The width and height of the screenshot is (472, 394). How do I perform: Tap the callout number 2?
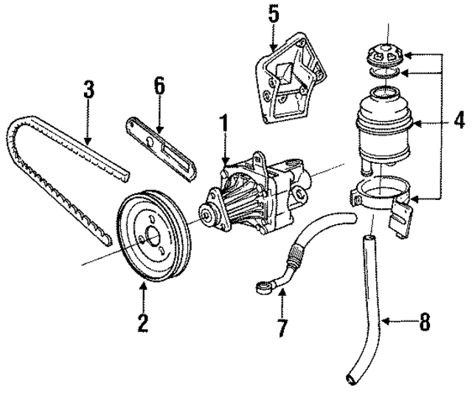pos(142,322)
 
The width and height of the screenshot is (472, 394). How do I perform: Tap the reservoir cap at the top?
pos(383,55)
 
